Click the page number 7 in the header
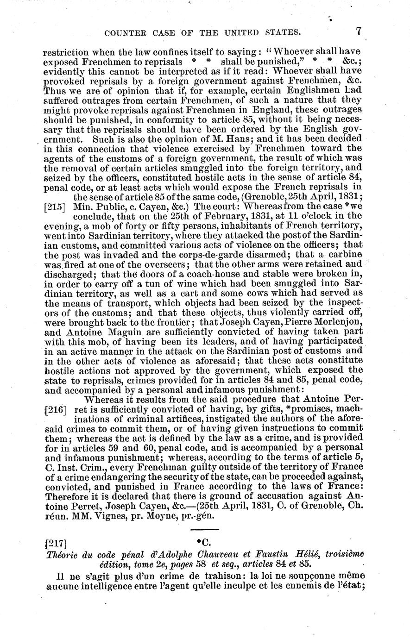click(x=359, y=32)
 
